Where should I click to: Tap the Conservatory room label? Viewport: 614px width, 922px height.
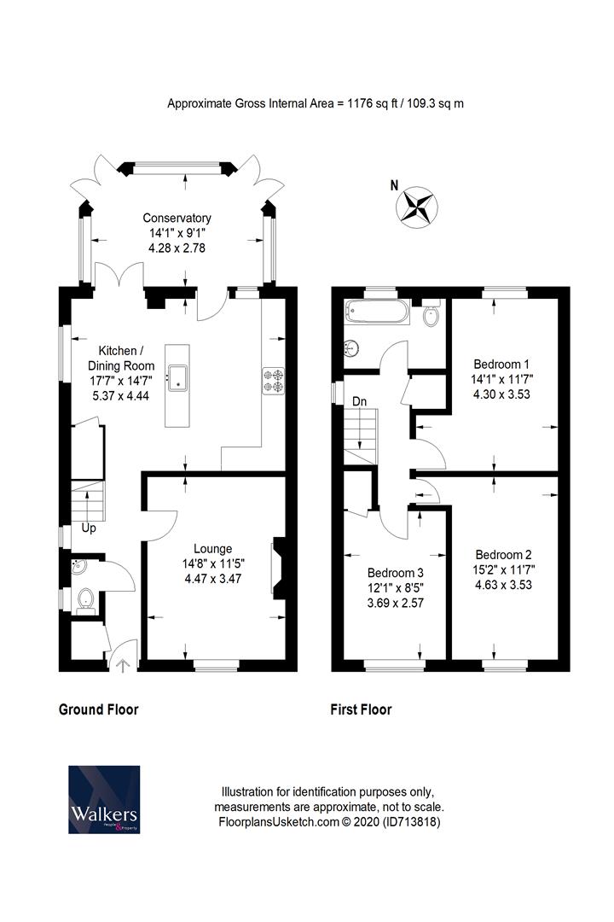177,218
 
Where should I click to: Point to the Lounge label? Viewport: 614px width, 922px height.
213,549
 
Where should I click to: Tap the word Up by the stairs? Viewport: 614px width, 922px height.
89,528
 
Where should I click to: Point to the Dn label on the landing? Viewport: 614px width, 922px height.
360,401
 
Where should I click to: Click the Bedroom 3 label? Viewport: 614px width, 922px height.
395,573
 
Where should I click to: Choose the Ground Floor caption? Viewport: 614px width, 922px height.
98,709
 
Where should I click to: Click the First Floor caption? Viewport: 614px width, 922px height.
361,709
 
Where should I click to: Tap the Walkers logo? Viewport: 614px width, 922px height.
103,800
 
